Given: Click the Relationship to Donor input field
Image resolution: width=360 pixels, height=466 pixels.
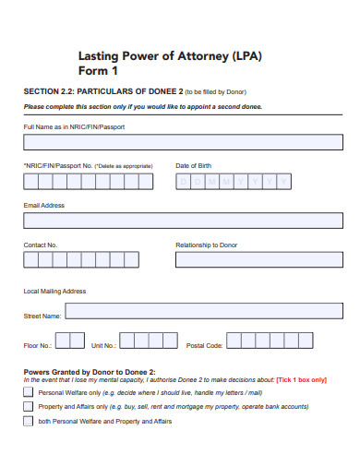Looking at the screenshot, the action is tap(258, 260).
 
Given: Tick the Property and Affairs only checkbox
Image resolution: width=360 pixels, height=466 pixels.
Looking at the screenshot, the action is tap(28, 407).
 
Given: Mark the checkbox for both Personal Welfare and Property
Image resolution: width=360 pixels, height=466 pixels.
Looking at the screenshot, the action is tap(28, 422).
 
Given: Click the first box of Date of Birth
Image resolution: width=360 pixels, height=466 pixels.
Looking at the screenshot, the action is tap(183, 182).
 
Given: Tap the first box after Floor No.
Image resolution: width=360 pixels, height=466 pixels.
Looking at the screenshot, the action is tap(61, 341).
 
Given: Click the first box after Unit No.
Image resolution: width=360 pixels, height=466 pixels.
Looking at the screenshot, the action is tap(127, 341).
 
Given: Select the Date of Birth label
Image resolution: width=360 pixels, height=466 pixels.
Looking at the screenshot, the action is tap(193, 165).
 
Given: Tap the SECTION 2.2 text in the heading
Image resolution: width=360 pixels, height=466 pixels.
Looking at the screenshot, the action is tap(45, 91).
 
